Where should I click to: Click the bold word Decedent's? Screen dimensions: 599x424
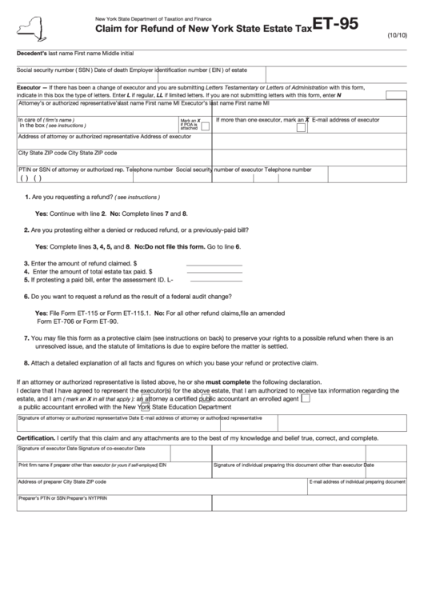coord(33,52)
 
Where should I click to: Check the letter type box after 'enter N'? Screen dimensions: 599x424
coord(397,94)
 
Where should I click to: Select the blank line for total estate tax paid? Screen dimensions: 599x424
coord(214,271)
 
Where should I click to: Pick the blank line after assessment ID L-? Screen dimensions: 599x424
coord(214,280)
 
